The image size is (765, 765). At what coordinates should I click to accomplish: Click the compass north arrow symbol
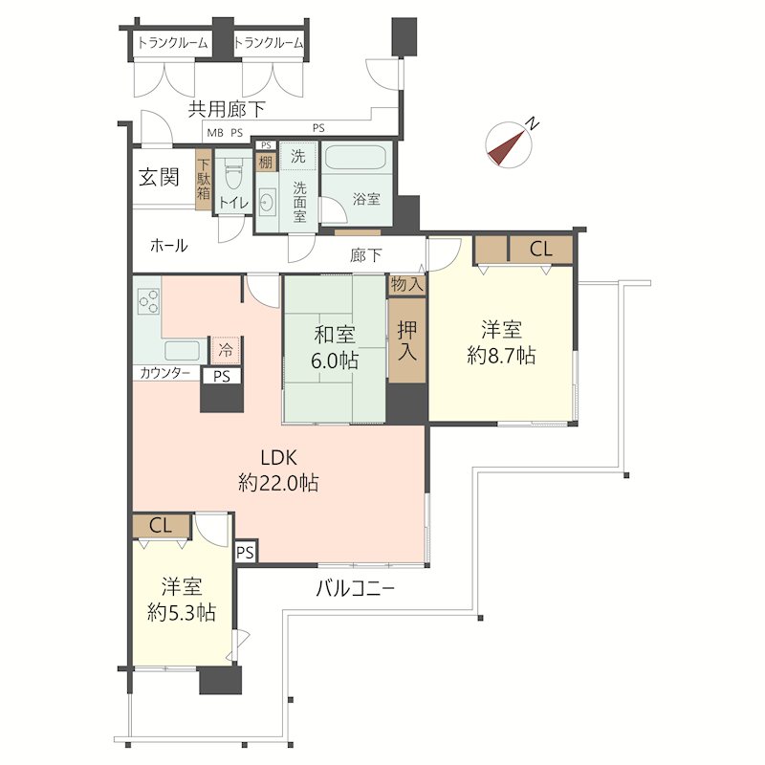pos(509,144)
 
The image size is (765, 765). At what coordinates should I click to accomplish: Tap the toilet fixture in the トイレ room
pos(233,175)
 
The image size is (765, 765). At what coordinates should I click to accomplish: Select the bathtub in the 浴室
pos(356,158)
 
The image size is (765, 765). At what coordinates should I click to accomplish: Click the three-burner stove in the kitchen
pos(148,301)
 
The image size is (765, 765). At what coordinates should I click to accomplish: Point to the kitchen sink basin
pos(182,350)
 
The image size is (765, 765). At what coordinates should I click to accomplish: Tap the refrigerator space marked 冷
pos(226,350)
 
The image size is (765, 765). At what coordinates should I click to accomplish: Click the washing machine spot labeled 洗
pos(297,156)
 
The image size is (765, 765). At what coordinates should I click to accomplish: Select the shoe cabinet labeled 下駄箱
pos(204,179)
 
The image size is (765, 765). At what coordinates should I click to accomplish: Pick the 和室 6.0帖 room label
pos(334,347)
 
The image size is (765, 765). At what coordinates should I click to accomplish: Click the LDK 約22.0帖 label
pos(278,470)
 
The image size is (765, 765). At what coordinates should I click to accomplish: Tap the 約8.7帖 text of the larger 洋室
pos(501,356)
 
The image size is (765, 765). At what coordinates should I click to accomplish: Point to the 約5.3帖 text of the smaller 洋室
pos(181,612)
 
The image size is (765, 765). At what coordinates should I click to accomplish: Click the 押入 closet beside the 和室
pos(407,340)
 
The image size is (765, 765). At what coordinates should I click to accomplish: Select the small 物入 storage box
pos(407,284)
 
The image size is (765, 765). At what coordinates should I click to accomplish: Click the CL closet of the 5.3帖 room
pos(161,525)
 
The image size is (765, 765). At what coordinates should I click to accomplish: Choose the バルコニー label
pos(355,589)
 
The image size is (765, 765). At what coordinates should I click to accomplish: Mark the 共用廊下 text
pos(227,109)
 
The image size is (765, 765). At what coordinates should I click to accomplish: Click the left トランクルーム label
pos(172,43)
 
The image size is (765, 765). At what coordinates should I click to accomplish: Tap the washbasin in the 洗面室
pos(267,202)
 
